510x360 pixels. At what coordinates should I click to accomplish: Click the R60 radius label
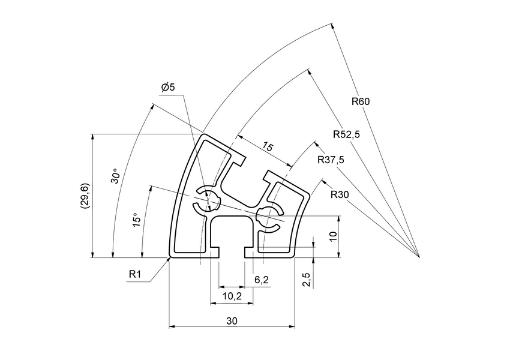coord(361,101)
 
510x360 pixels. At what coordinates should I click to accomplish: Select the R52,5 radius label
coord(346,134)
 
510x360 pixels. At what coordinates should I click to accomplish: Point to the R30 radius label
coord(340,194)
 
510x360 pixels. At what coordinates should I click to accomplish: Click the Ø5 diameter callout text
coord(168,88)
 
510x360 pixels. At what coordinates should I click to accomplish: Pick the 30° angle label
coord(115,176)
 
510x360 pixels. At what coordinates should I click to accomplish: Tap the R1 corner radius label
coord(135,274)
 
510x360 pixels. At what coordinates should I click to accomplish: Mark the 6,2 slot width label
coord(261,279)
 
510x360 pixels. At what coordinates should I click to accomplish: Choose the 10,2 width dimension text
coord(232,296)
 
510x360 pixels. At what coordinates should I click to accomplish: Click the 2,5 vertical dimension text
coord(306,279)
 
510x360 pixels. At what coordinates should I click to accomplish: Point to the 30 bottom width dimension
coord(232,321)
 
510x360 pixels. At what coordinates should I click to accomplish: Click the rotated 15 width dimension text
coord(268,148)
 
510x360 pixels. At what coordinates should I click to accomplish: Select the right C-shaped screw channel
coord(270,218)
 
